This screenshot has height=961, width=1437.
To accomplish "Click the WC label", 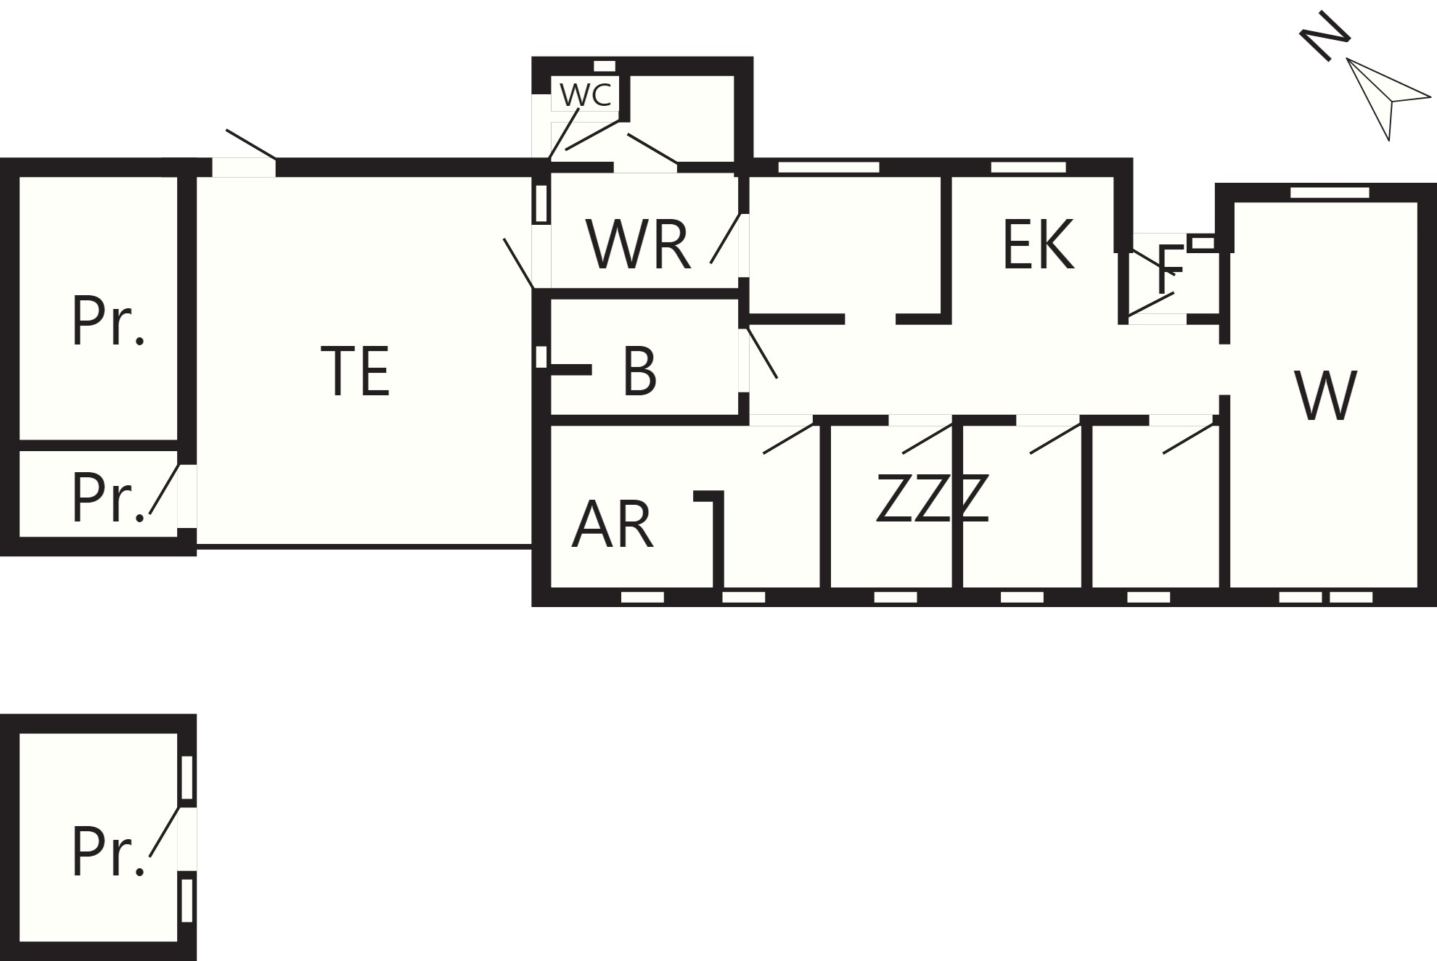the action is coord(586,95).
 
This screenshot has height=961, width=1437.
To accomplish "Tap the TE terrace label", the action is coord(355,371).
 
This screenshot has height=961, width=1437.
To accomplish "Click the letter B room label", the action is coord(639,371).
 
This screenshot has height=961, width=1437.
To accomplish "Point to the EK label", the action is coord(1038,244).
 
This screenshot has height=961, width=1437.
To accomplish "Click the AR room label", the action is coord(613,524).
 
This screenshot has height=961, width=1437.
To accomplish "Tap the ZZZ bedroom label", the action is coord(933,498).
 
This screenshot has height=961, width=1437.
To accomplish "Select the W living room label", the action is coord(1325,395).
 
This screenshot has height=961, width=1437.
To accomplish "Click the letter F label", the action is coord(1170,269).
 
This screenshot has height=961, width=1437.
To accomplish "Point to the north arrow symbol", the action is coord(1388,98).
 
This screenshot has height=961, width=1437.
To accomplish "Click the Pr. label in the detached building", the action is coord(108,852).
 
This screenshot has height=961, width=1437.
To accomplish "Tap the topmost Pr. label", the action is coord(108,320).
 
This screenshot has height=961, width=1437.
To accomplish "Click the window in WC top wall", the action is coord(605,66).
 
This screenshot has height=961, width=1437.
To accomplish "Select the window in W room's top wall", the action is coord(1330,192).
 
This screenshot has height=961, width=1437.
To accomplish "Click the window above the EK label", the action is coord(1028,167).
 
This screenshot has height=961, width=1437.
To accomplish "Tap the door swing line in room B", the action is coord(762,353).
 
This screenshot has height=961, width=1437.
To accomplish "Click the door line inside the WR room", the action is coord(725,238).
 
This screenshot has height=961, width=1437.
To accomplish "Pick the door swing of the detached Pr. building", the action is coord(164,831).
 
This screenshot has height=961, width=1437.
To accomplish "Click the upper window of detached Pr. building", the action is coord(187,778).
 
